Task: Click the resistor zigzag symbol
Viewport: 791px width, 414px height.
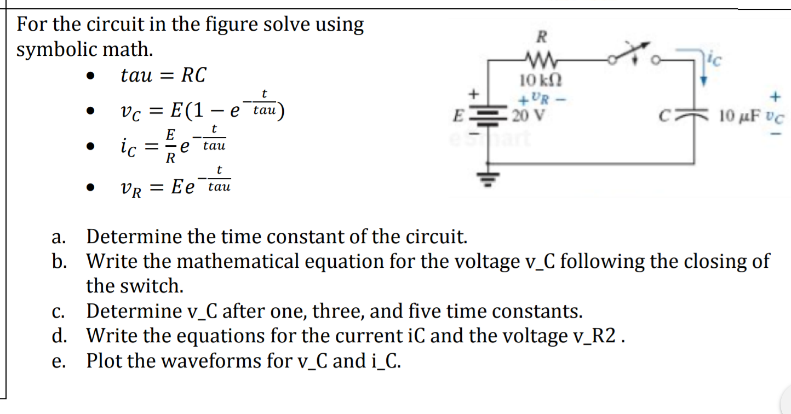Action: pyautogui.click(x=540, y=57)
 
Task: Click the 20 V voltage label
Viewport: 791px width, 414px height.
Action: pyautogui.click(x=530, y=116)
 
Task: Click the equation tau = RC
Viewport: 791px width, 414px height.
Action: pyautogui.click(x=163, y=76)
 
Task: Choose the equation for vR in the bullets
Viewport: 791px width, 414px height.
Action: pyautogui.click(x=175, y=184)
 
